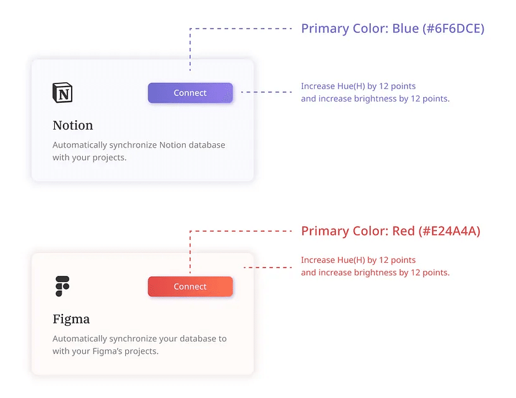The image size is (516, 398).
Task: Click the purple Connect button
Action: pyautogui.click(x=190, y=93)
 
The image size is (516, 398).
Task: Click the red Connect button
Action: pyautogui.click(x=190, y=287)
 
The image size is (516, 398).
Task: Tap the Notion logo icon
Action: pyautogui.click(x=62, y=92)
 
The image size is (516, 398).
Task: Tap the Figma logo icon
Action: pyautogui.click(x=62, y=286)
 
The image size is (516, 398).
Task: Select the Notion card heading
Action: pyautogui.click(x=73, y=125)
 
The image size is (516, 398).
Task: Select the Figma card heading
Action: pyautogui.click(x=71, y=319)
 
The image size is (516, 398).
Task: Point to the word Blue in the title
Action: pyautogui.click(x=406, y=29)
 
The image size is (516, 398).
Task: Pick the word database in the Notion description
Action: pyautogui.click(x=207, y=145)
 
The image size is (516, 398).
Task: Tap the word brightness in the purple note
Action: pyautogui.click(x=376, y=98)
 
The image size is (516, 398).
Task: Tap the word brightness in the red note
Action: pyautogui.click(x=376, y=273)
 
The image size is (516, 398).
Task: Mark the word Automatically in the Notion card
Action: pyautogui.click(x=80, y=145)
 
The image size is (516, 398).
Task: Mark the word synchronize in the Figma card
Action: pyautogui.click(x=130, y=339)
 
